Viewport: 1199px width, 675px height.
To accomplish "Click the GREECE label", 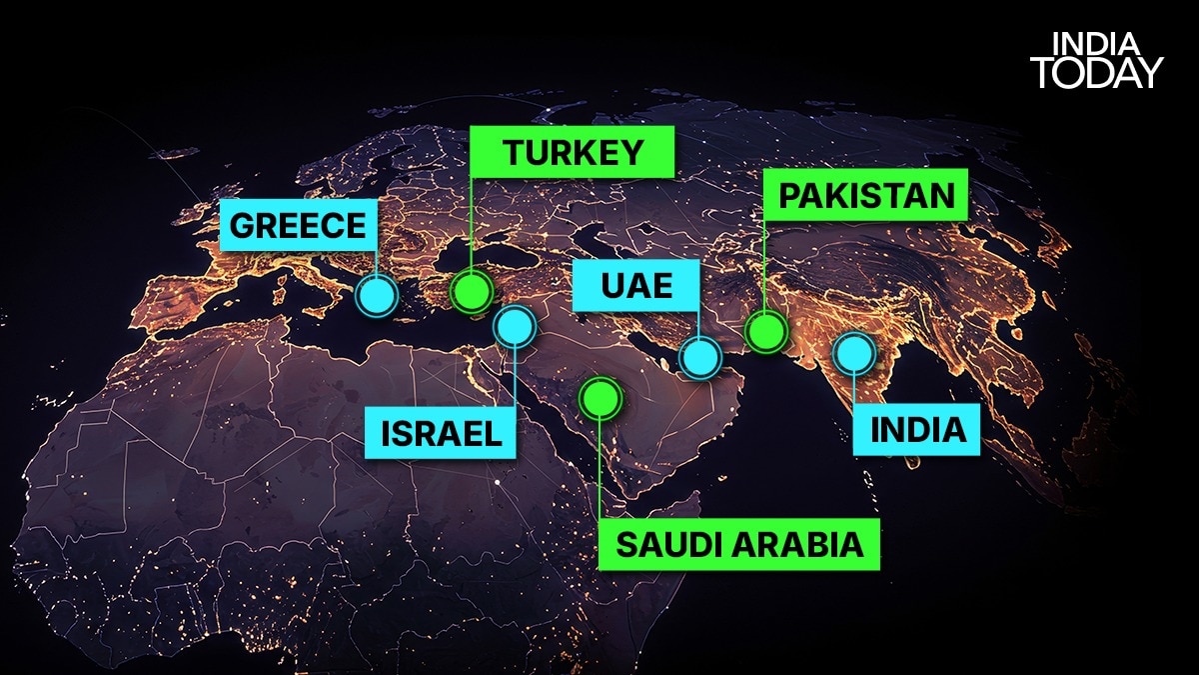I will pyautogui.click(x=299, y=225).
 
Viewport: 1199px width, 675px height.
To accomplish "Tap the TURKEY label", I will pyautogui.click(x=573, y=153).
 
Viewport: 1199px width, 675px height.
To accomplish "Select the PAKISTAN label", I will pyautogui.click(x=866, y=195).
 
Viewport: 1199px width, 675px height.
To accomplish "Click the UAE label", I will pyautogui.click(x=636, y=287).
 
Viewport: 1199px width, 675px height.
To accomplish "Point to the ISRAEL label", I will pyautogui.click(x=441, y=433).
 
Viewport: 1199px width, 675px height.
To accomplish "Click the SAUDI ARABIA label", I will pyautogui.click(x=738, y=545).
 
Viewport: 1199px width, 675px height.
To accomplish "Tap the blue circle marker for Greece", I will pyautogui.click(x=378, y=295).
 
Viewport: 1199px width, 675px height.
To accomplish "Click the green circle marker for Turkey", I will pyautogui.click(x=471, y=292).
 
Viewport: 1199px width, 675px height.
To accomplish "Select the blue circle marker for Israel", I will pyautogui.click(x=515, y=326).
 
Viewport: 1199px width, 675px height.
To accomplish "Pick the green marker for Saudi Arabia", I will pyautogui.click(x=599, y=398).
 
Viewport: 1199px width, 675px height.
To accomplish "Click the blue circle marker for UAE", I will pyautogui.click(x=700, y=357).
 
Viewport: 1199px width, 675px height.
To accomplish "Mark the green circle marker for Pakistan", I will pyautogui.click(x=765, y=330).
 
